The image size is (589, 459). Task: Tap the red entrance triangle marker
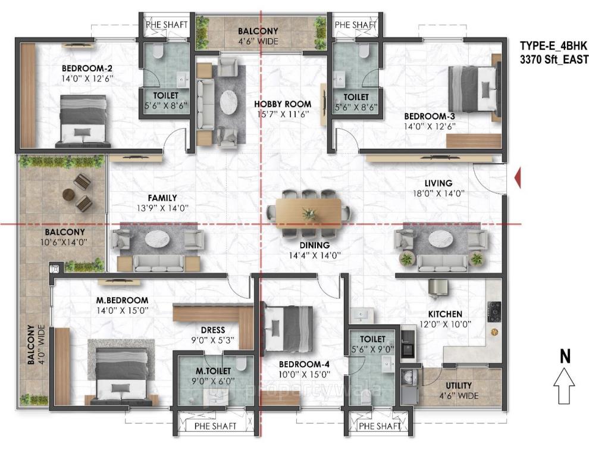[517, 178]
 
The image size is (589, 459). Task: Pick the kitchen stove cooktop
[494, 310]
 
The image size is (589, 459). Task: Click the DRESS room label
[212, 330]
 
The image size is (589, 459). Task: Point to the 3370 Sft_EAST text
[553, 59]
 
